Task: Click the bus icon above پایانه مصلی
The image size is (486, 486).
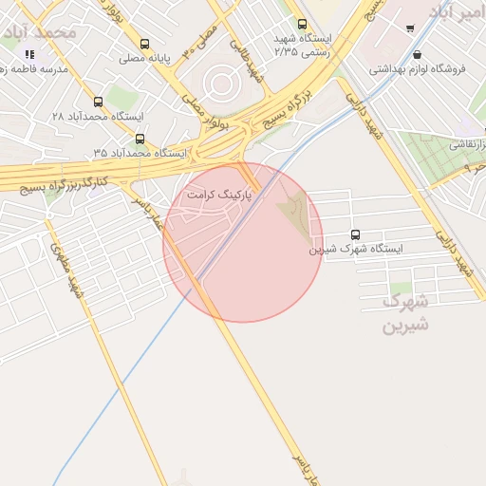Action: pyautogui.click(x=144, y=44)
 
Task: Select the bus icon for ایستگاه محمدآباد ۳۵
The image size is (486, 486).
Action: pyautogui.click(x=140, y=139)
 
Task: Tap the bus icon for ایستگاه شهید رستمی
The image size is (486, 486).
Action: pyautogui.click(x=302, y=25)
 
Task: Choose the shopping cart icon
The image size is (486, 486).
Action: pyautogui.click(x=409, y=28)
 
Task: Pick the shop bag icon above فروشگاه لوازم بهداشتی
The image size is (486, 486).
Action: pyautogui.click(x=418, y=54)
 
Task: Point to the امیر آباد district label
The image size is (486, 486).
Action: pyautogui.click(x=456, y=12)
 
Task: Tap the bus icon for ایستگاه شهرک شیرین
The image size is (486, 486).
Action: pyautogui.click(x=355, y=234)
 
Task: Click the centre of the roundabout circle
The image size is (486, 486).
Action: pyautogui.click(x=221, y=84)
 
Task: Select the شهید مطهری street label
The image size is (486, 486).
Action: pyautogui.click(x=68, y=271)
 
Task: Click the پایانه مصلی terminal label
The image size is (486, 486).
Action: pyautogui.click(x=144, y=58)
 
